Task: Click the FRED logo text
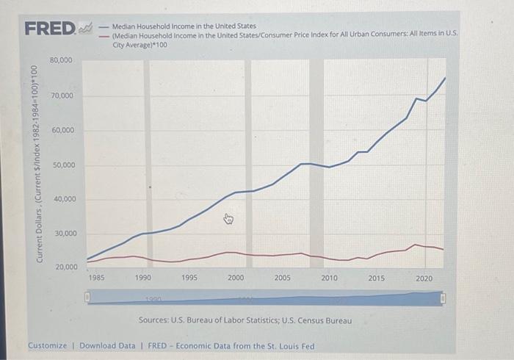tap(49, 29)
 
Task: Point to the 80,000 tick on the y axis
tap(61, 60)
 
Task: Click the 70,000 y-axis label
tap(61, 96)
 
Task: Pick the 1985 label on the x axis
tap(96, 278)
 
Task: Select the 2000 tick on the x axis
tap(236, 278)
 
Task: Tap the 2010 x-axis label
tap(329, 278)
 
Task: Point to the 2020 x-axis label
tap(424, 278)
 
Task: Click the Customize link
tap(48, 345)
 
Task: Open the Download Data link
tap(107, 345)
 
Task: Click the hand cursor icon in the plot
tap(228, 218)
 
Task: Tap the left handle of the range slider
tap(86, 298)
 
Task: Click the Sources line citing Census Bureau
tap(245, 321)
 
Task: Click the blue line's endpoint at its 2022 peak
tap(445, 77)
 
